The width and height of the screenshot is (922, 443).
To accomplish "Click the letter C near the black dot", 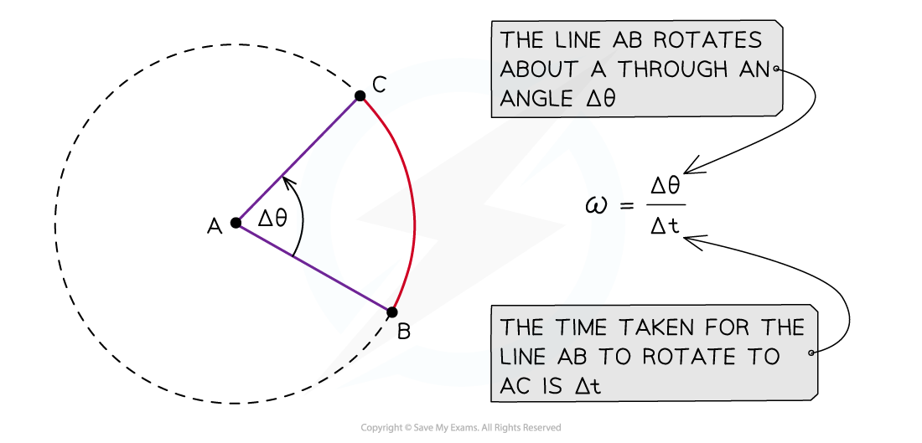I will pos(379,85).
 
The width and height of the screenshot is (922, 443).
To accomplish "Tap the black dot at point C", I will pos(360,98).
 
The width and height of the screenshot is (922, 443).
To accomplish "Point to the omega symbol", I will pos(599,204).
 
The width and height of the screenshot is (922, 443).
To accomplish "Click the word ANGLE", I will pos(534,98).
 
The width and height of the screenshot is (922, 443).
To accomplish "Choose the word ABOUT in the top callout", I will pos(532,69).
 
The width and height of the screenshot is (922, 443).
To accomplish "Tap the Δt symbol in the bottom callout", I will pos(586,386).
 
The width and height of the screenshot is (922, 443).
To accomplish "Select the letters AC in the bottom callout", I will pos(515,386).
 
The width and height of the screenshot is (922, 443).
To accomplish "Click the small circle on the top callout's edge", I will pos(779,70).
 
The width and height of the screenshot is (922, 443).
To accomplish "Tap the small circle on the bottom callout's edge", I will pos(812,353).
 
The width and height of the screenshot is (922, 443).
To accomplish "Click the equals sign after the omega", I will pos(623,205).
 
